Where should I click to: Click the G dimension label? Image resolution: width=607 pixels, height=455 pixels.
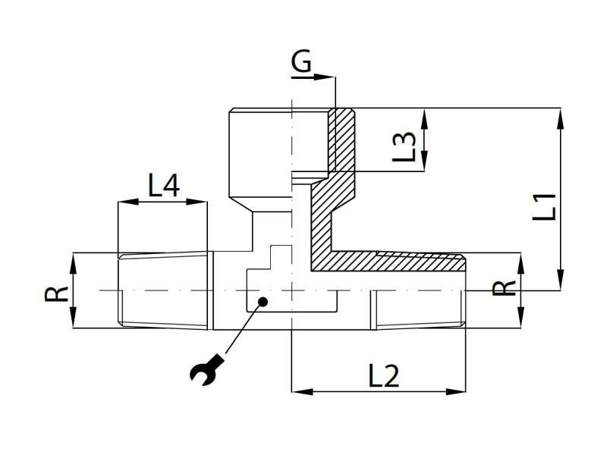click(301, 63)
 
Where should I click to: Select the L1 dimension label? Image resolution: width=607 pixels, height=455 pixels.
click(545, 206)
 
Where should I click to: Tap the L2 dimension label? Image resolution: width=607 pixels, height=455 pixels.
click(384, 375)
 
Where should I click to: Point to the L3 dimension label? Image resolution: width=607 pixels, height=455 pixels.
click(404, 146)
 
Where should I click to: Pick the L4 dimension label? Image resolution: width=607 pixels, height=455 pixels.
click(163, 186)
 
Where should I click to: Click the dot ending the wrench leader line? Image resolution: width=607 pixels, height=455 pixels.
click(263, 302)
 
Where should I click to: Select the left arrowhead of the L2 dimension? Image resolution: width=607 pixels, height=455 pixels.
click(299, 392)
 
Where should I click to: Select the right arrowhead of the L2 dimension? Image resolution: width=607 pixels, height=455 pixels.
click(459, 392)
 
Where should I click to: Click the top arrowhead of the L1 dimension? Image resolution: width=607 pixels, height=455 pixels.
click(561, 115)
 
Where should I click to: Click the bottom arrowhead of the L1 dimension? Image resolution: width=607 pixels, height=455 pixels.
click(561, 284)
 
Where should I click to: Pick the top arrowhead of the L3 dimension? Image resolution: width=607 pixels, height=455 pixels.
click(423, 115)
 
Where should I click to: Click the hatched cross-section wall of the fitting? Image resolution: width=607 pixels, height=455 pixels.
click(334, 220)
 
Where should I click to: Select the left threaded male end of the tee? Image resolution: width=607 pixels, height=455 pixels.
click(164, 290)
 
